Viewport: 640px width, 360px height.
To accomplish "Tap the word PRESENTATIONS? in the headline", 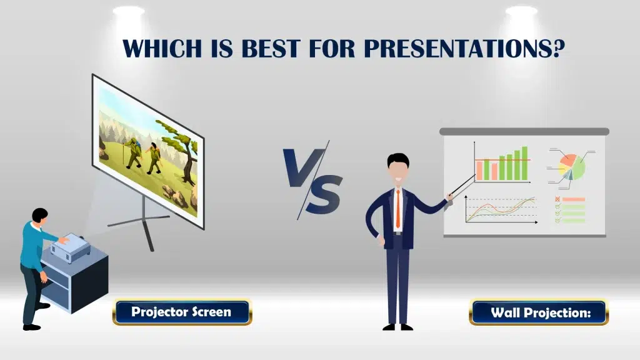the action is pyautogui.click(x=464, y=48).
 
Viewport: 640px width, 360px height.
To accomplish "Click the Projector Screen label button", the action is pyautogui.click(x=182, y=312).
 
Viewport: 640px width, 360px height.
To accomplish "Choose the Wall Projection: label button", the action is pyautogui.click(x=539, y=312).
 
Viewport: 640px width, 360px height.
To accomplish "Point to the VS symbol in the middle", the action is pyautogui.click(x=313, y=180).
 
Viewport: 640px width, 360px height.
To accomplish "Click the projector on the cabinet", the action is pyautogui.click(x=69, y=247).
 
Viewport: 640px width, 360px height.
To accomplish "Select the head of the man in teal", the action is pyautogui.click(x=40, y=216).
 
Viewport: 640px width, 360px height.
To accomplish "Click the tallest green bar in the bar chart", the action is pyautogui.click(x=524, y=163).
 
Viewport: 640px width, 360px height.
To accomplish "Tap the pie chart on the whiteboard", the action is pyautogui.click(x=572, y=166).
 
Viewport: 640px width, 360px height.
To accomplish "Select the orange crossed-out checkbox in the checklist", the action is pyautogui.click(x=557, y=199).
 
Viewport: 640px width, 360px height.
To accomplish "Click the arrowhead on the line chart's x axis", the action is pyautogui.click(x=536, y=222).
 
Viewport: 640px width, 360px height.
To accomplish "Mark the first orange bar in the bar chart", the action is pyautogui.click(x=480, y=170).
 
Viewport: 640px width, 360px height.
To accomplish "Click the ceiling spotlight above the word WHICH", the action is pyautogui.click(x=129, y=11).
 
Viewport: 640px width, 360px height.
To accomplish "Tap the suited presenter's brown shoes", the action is pyautogui.click(x=398, y=327).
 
